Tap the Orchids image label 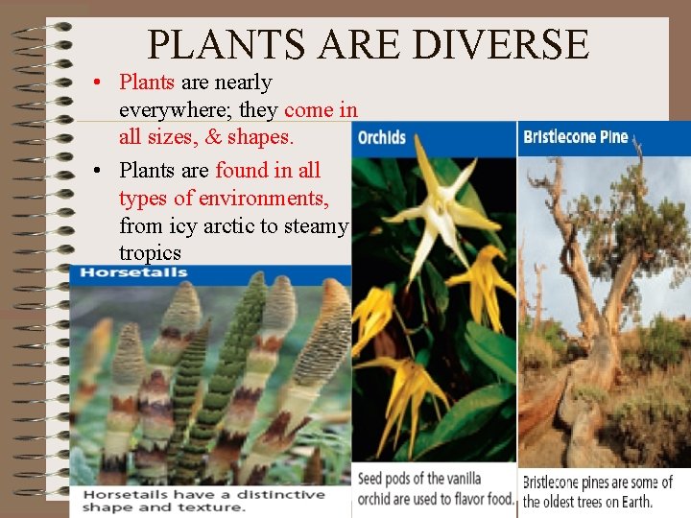[382, 137]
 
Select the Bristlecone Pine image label [575, 136]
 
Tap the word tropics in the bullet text [150, 253]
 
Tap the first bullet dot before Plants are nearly [99, 82]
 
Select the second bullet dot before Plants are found [99, 171]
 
